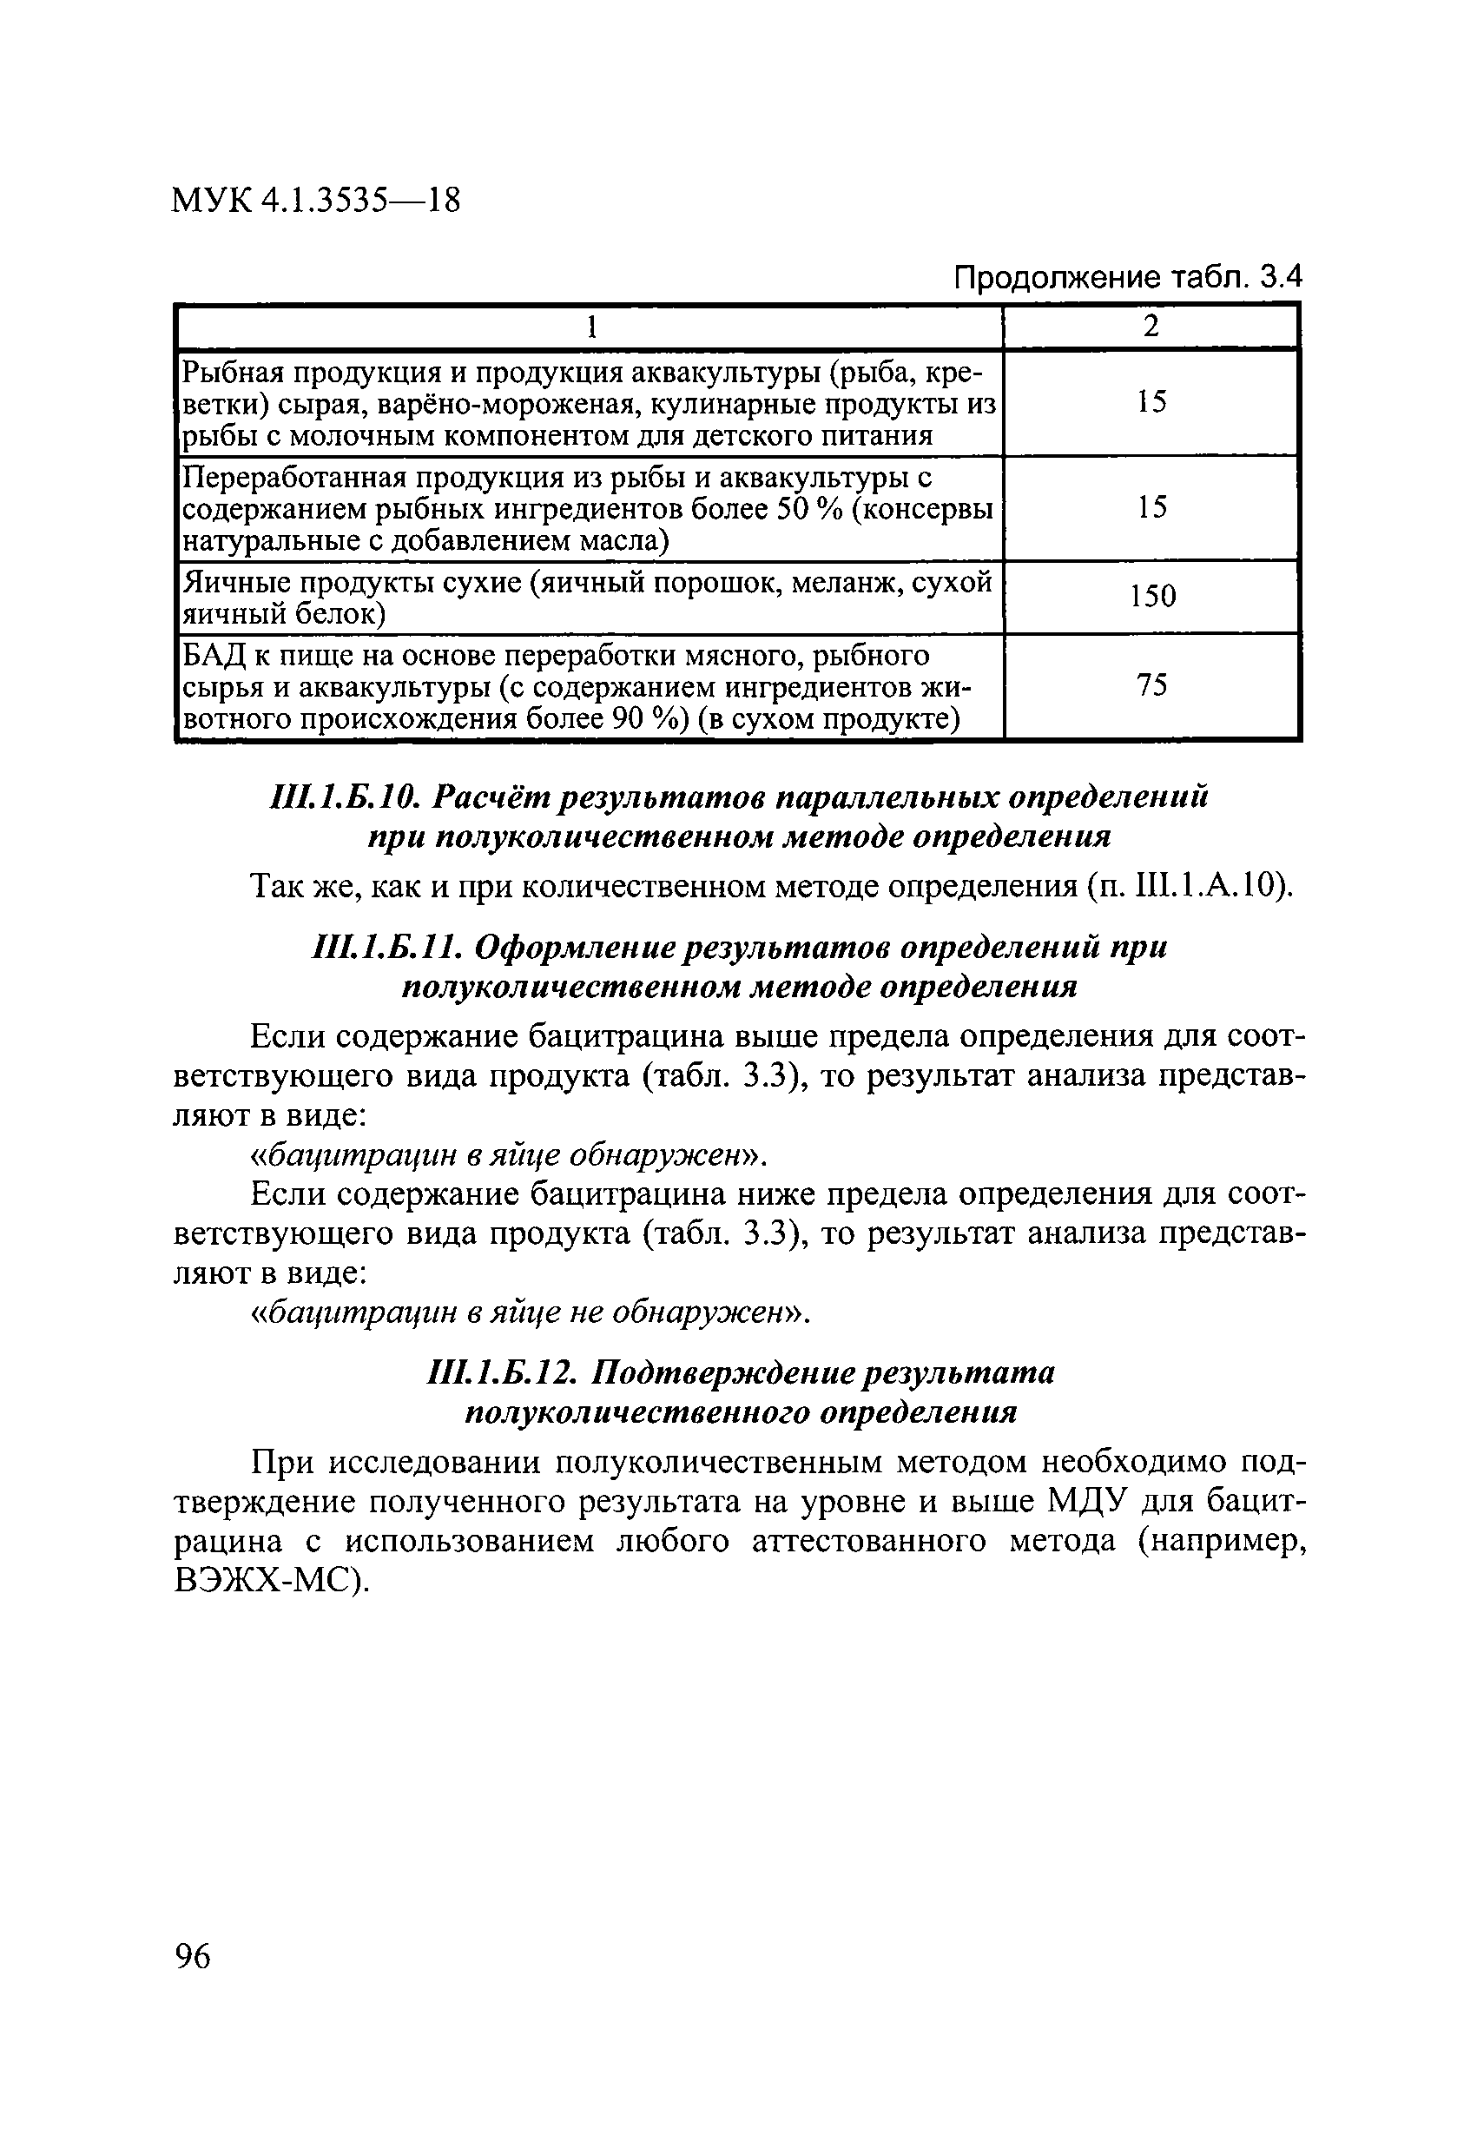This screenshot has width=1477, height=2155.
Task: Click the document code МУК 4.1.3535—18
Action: pos(315,201)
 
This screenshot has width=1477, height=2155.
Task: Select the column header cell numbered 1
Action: pos(590,327)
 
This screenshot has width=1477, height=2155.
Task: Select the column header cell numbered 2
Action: pos(1151,327)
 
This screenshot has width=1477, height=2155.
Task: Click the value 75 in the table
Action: pos(1151,685)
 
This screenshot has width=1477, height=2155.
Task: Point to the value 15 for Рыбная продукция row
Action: pos(1151,401)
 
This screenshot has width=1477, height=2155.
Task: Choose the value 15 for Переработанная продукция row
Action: pos(1151,507)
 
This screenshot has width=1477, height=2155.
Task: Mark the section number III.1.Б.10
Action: pos(346,797)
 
